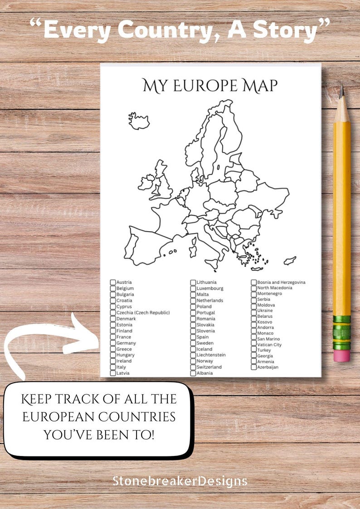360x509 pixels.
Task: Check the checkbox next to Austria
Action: tap(113, 282)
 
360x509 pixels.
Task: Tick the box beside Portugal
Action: tap(193, 313)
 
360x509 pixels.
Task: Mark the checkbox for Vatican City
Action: tap(254, 344)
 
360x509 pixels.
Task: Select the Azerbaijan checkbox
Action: tap(254, 367)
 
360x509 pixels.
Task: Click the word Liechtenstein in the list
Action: tap(211, 355)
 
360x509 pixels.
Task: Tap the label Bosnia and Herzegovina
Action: tap(281, 282)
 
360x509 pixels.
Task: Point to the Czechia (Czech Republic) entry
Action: tap(143, 313)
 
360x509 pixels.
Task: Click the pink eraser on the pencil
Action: tap(341, 355)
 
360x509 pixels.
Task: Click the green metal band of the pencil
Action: tap(341, 332)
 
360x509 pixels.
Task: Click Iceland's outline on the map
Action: tap(139, 121)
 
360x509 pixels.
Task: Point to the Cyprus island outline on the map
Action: tap(290, 261)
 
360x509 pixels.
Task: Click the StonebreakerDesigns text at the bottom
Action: tap(180, 480)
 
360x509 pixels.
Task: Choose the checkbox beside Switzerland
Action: tap(193, 367)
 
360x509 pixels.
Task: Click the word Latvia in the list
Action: tap(123, 373)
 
